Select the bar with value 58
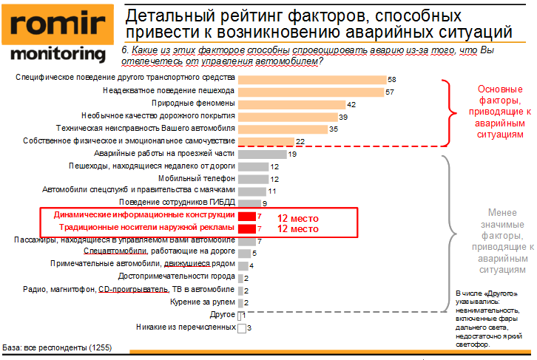[x=311, y=79]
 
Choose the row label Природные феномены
[x=193, y=103]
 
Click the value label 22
[x=300, y=141]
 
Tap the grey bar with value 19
[x=261, y=154]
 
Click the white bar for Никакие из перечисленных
[x=241, y=327]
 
